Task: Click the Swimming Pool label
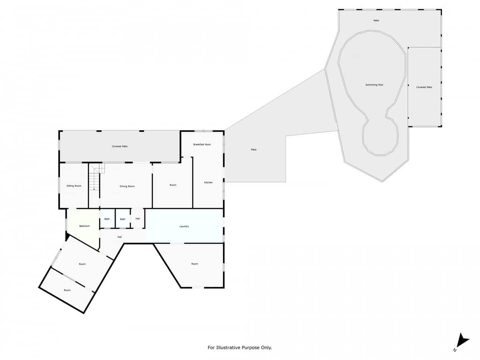tap(374, 85)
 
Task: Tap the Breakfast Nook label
tap(202, 144)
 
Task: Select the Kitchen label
tap(208, 182)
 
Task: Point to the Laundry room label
tap(184, 226)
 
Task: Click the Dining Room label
tap(127, 186)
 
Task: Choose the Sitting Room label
tap(74, 186)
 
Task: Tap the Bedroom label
tap(84, 226)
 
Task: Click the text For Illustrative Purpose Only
tap(240, 348)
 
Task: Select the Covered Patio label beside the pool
tap(424, 87)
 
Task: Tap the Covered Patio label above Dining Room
tap(120, 146)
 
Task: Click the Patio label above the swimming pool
tap(376, 20)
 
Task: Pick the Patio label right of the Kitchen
tap(254, 150)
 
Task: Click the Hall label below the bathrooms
tap(119, 237)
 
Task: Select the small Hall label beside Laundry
tap(138, 218)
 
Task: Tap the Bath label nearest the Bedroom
tap(107, 219)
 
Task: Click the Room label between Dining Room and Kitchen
tap(173, 185)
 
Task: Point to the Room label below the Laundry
tap(195, 264)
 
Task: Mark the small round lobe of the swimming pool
tap(380, 138)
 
